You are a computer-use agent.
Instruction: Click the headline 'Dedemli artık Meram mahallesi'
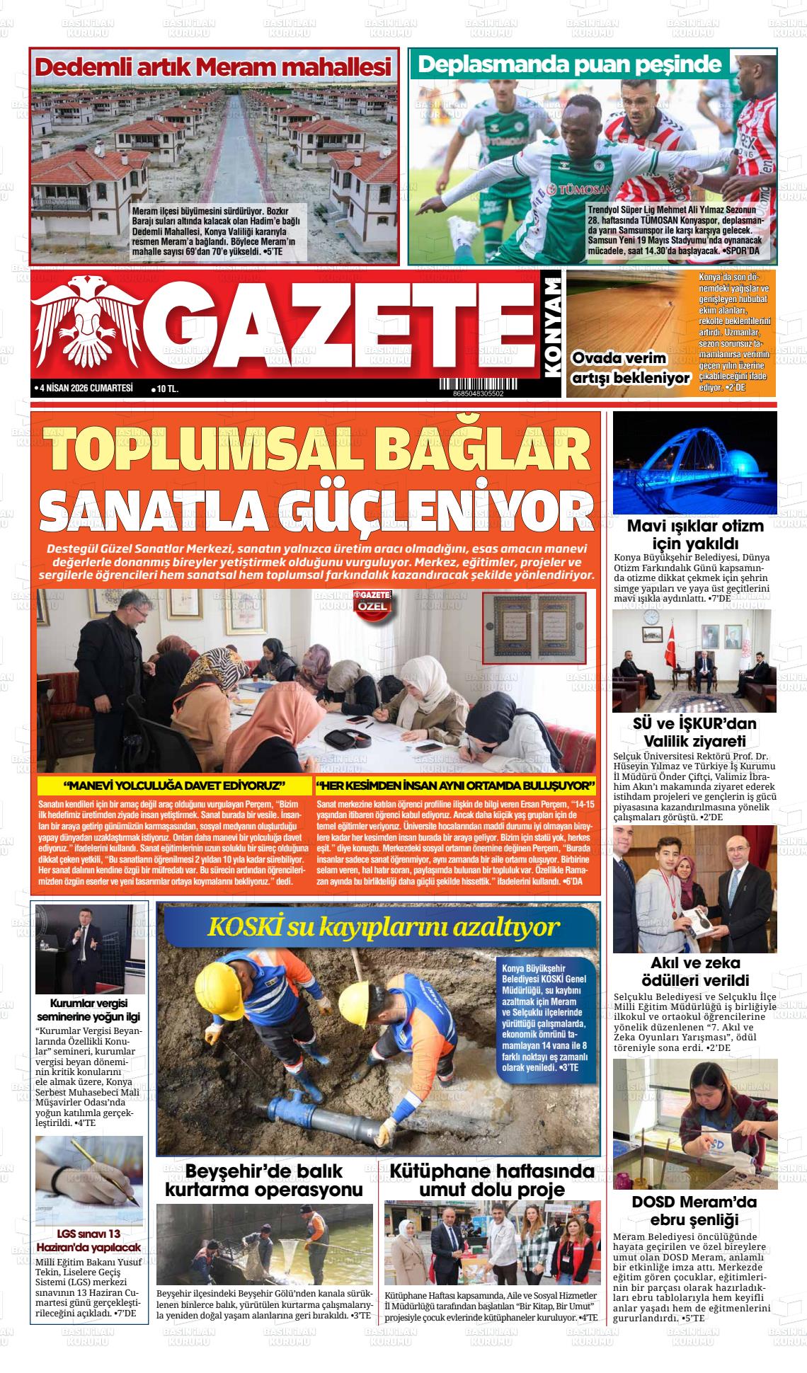[x=213, y=67]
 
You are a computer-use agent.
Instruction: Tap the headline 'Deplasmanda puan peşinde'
[x=570, y=64]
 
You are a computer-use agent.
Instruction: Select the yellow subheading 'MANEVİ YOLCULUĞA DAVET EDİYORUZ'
[x=174, y=786]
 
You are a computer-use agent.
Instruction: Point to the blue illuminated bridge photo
[x=694, y=463]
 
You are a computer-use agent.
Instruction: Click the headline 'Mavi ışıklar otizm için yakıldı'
[x=694, y=535]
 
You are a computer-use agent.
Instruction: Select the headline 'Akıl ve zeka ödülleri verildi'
[x=694, y=972]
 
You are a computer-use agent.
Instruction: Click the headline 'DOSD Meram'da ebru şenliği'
[x=694, y=1211]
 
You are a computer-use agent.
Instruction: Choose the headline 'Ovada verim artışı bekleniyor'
[x=630, y=368]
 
